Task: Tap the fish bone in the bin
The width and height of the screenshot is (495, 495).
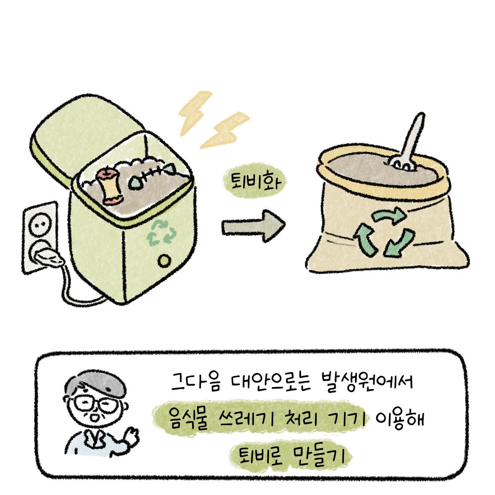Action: (151, 176)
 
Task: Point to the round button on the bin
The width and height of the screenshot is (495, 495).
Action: (164, 261)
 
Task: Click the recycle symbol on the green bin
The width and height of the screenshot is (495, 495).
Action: (161, 233)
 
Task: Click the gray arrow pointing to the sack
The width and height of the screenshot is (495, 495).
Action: (253, 226)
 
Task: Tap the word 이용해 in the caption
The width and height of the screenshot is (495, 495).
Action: (399, 419)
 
